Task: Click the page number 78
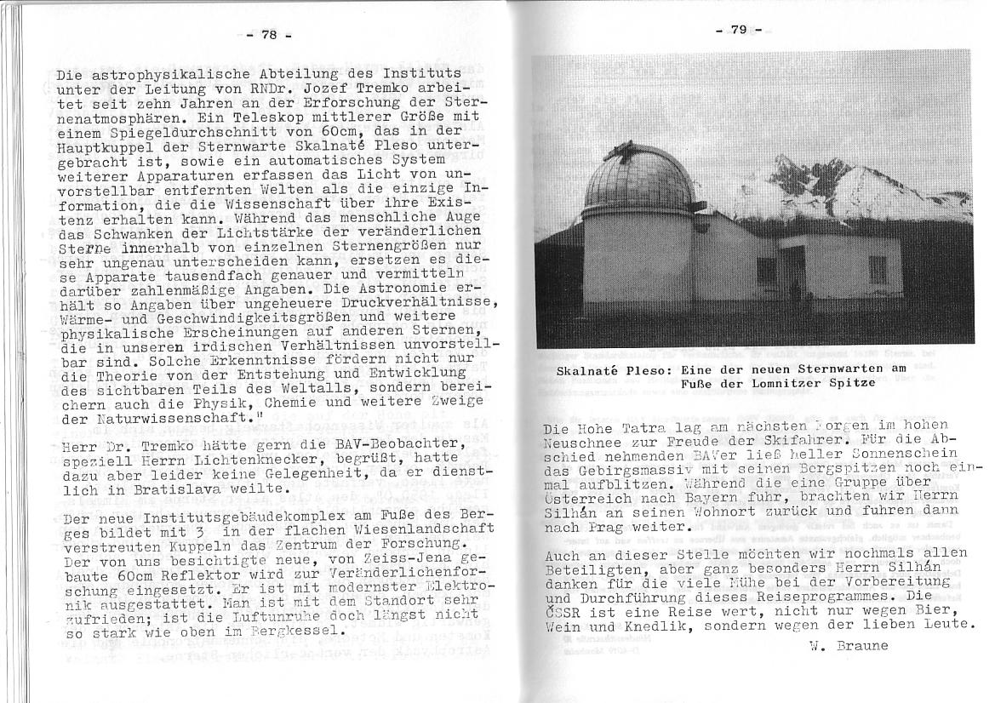click(269, 35)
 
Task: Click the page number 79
click(737, 30)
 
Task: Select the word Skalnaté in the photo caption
click(592, 370)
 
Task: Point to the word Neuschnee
click(586, 441)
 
